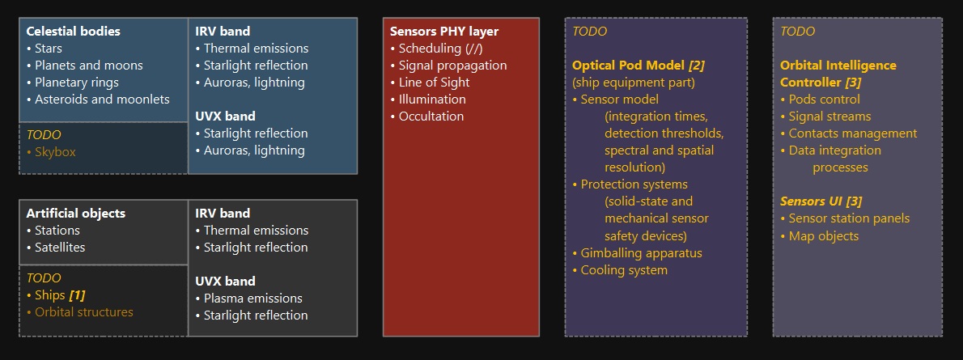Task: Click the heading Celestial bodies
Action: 73,32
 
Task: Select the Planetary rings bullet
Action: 73,83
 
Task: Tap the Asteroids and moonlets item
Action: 98,99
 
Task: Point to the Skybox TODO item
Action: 51,152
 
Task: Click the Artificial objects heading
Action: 75,214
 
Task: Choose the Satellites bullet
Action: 56,247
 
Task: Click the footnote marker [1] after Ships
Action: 77,295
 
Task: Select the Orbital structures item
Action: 80,312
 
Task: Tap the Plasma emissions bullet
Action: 248,298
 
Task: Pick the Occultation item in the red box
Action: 426,116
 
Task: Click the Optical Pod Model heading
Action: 628,65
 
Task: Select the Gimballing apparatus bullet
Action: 637,253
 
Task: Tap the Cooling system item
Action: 620,270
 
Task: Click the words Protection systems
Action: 634,184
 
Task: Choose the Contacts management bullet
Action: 849,133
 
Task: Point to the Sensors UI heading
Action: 811,201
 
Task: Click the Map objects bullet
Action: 819,236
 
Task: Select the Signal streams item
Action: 825,116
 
